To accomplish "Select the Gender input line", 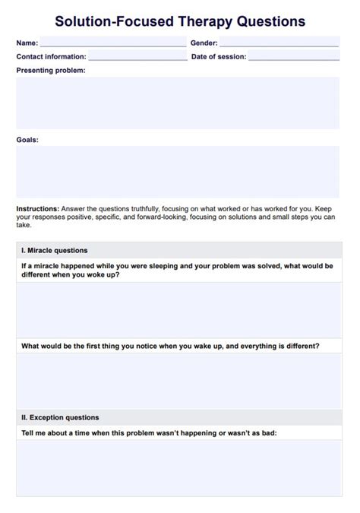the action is click(279, 43).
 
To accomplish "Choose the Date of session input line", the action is click(293, 56).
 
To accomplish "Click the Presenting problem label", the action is click(51, 70).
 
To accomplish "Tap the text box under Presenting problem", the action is click(178, 103).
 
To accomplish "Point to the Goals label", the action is click(27, 140).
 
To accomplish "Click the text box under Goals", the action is click(178, 171).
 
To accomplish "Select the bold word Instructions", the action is click(37, 208).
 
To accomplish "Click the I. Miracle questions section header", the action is click(55, 250).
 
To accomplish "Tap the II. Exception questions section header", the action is click(60, 417).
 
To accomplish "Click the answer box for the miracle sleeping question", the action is click(179, 309).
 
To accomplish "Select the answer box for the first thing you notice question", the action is click(179, 381).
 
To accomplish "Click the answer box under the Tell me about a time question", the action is click(179, 467).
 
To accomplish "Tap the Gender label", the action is click(204, 43).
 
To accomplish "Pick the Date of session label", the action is click(218, 57).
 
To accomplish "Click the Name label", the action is click(27, 43).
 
